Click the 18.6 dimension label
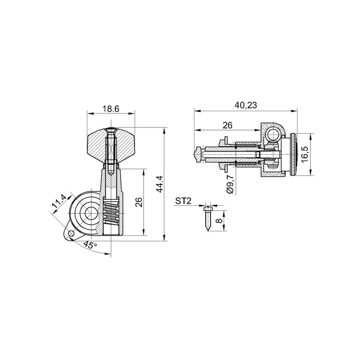pos(110,109)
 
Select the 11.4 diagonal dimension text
pos(59,201)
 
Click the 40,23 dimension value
pos(246,105)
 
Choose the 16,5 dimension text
pos(305,154)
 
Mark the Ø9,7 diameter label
pos(229,184)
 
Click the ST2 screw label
pos(183,201)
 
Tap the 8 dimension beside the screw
pos(220,220)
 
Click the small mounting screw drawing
pos(207,219)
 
